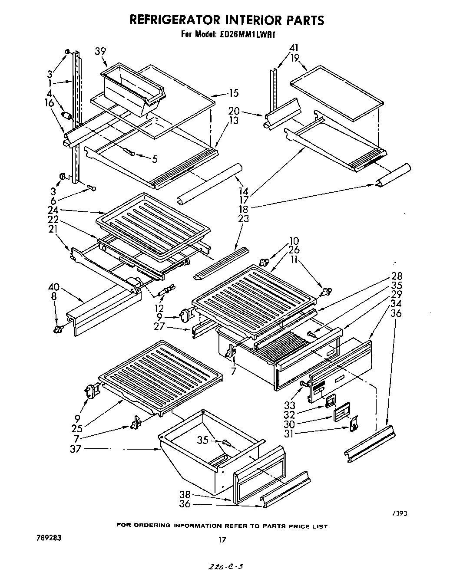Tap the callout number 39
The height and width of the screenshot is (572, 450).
(100, 52)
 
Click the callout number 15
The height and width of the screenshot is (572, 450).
(233, 93)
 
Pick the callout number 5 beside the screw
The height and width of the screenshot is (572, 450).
(155, 159)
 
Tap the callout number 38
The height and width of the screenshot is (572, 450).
(185, 494)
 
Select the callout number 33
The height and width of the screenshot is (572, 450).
(289, 405)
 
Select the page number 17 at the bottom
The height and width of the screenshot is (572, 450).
(222, 540)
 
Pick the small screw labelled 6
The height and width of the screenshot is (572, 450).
(92, 187)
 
